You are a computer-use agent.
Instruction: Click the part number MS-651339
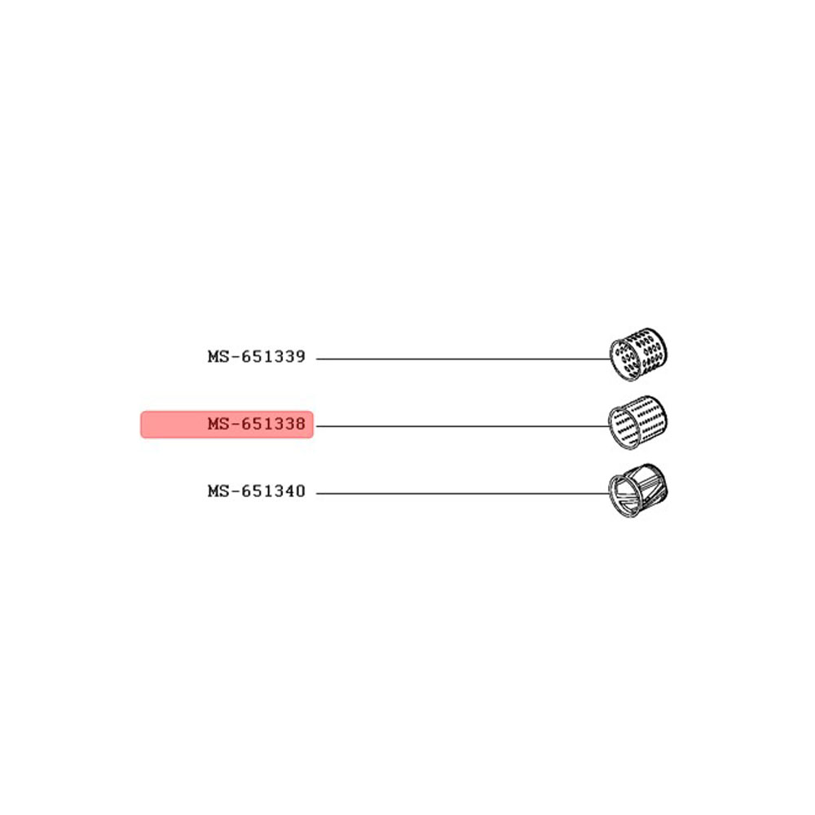pyautogui.click(x=256, y=357)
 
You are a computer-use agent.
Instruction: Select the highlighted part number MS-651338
pyautogui.click(x=256, y=424)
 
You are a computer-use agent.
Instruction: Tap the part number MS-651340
pyautogui.click(x=256, y=491)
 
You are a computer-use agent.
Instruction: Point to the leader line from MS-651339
pyautogui.click(x=463, y=359)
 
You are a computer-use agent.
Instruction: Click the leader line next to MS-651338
pyautogui.click(x=463, y=426)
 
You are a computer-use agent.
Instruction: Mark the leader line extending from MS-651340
pyautogui.click(x=463, y=493)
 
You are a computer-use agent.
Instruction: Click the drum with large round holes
pyautogui.click(x=638, y=355)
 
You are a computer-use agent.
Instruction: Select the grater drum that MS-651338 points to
pyautogui.click(x=638, y=422)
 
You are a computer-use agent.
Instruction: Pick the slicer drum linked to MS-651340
pyautogui.click(x=638, y=491)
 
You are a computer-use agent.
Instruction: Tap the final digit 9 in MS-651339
pyautogui.click(x=300, y=357)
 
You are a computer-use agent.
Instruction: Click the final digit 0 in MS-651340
pyautogui.click(x=300, y=491)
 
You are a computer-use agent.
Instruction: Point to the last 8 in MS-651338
pyautogui.click(x=300, y=424)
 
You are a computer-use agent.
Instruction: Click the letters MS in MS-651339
pyautogui.click(x=218, y=357)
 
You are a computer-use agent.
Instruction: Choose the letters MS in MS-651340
pyautogui.click(x=218, y=491)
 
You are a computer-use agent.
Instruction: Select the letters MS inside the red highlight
pyautogui.click(x=218, y=424)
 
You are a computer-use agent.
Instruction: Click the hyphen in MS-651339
pyautogui.click(x=235, y=358)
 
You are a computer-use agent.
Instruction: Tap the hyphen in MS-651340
pyautogui.click(x=235, y=491)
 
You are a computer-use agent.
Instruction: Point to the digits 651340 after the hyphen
pyautogui.click(x=273, y=491)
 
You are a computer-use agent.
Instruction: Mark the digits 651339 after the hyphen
pyautogui.click(x=273, y=357)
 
